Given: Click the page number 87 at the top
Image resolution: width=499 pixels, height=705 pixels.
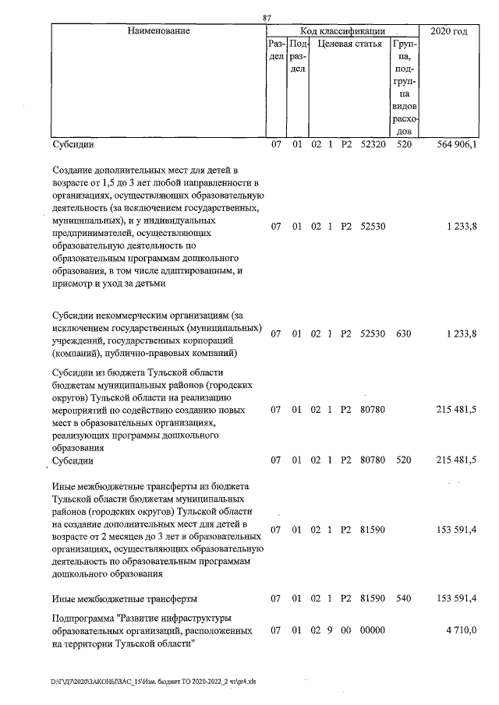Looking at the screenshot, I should [x=267, y=17].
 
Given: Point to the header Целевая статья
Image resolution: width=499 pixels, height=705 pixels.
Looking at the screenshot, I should [x=350, y=44].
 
